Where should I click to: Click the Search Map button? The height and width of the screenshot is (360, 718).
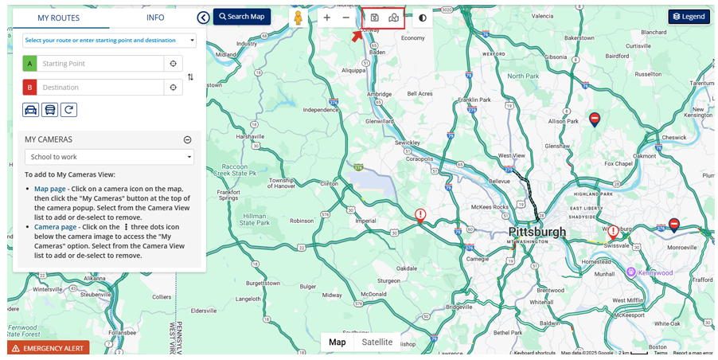241,17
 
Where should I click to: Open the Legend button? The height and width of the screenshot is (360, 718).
689,17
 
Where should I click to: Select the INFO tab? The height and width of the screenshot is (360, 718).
155,18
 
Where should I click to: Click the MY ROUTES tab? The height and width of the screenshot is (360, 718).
58,18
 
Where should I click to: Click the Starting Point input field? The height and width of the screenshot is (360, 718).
100,64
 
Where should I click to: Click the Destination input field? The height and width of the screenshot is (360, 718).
100,88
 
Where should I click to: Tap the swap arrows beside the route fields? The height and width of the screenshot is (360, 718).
190,77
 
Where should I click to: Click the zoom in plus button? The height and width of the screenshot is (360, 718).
326,18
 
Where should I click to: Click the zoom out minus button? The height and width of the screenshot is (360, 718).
345,18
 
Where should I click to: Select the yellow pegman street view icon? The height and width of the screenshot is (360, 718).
299,18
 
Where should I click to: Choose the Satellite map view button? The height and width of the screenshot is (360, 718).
377,342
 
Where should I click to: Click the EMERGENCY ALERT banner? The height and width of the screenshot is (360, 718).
49,349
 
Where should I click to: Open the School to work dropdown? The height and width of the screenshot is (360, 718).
109,157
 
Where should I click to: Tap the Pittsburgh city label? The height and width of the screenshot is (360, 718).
537,233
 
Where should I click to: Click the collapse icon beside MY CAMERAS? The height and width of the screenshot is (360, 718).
188,139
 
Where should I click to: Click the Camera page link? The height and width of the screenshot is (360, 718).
55,227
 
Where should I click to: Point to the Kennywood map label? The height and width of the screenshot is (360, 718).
654,272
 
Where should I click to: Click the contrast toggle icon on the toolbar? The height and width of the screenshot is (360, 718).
422,18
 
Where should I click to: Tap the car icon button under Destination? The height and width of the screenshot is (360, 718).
30,110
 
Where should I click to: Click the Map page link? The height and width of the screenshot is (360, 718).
49,189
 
